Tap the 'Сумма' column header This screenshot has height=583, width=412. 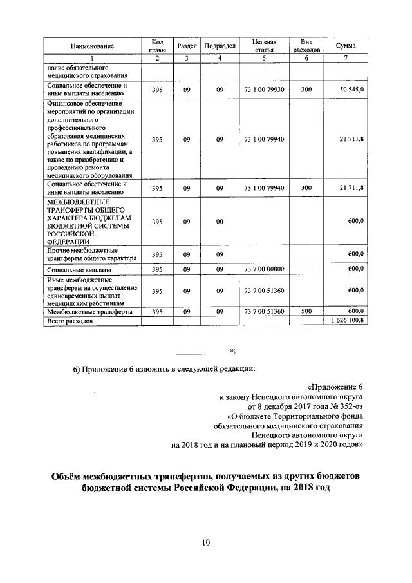tap(346, 46)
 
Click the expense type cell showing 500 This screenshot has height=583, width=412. tap(306, 311)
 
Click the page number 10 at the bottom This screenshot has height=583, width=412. tap(205, 543)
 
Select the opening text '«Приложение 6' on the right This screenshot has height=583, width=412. tap(335, 387)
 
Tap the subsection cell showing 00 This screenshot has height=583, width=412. tap(220, 221)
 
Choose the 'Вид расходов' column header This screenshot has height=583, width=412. tap(306, 46)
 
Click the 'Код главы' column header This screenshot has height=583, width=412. tap(157, 46)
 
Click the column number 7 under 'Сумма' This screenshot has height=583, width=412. tap(346, 59)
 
